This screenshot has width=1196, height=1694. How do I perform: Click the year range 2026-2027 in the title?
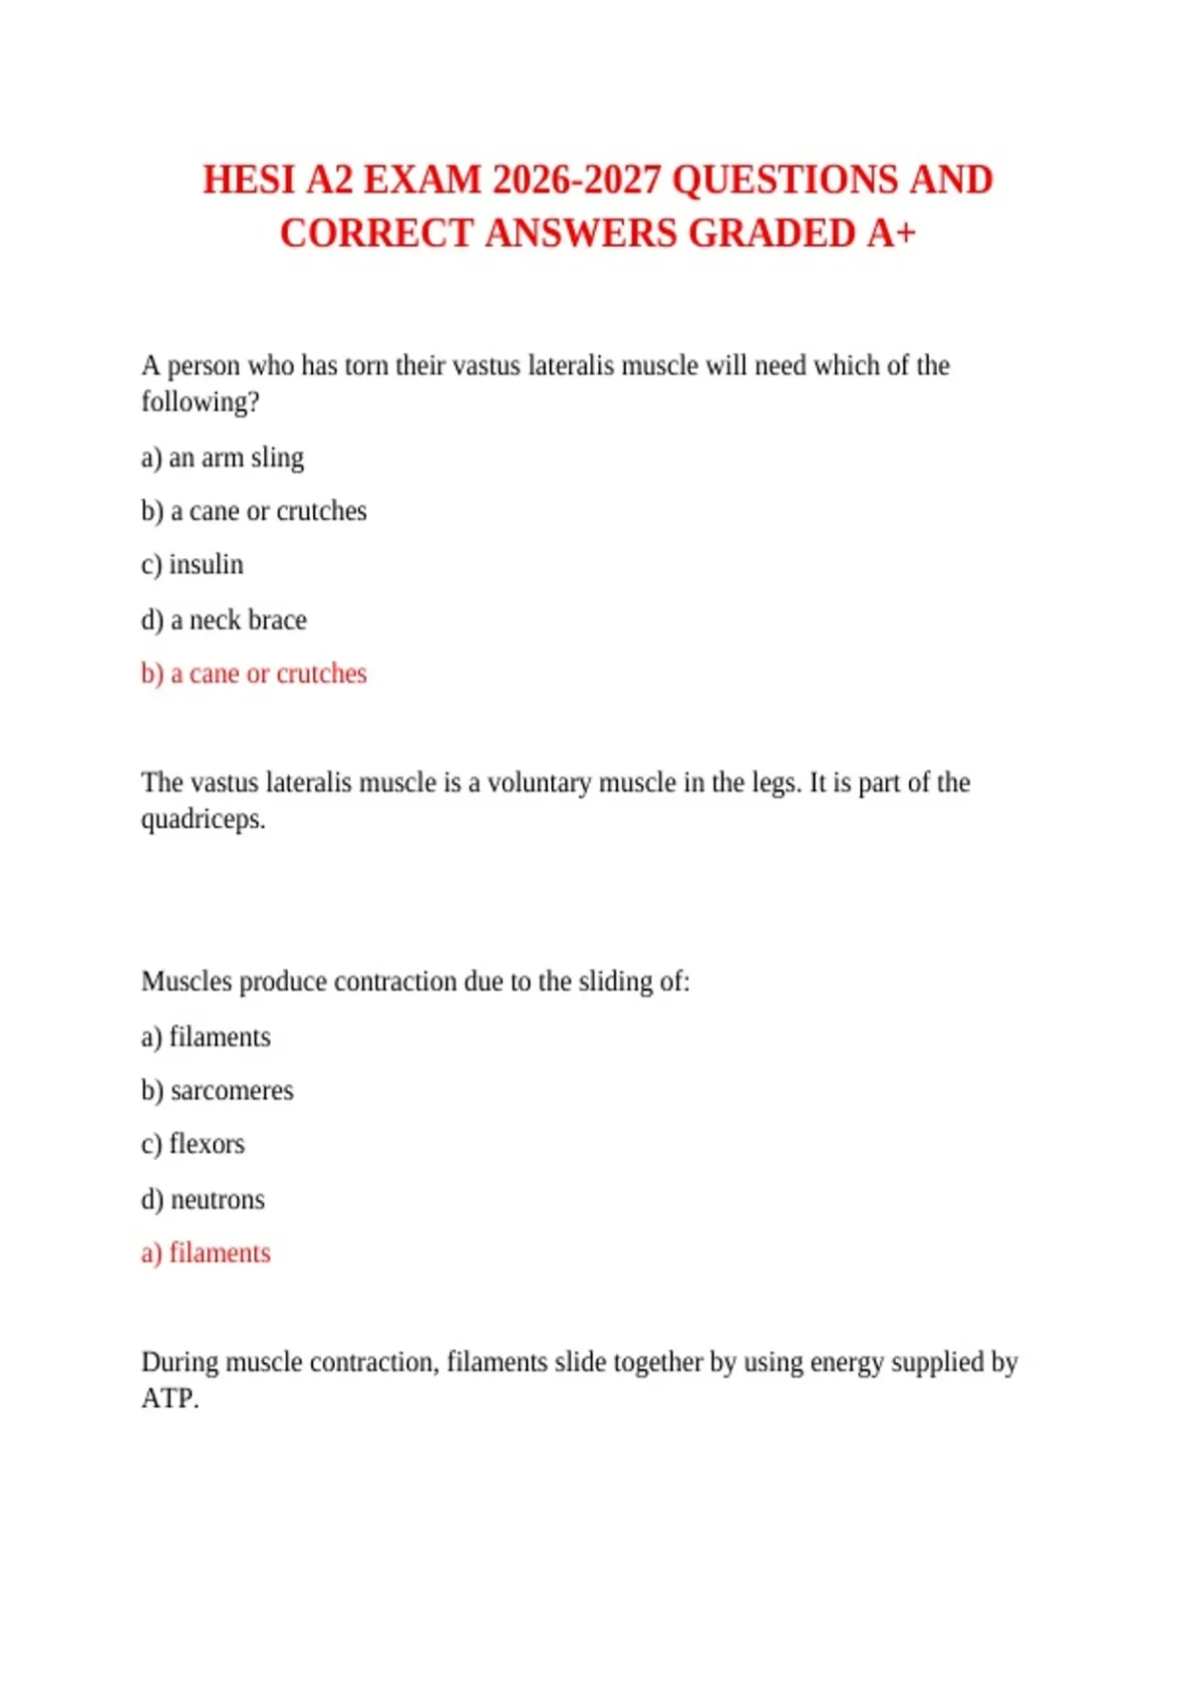(576, 180)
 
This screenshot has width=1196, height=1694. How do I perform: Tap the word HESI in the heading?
(249, 180)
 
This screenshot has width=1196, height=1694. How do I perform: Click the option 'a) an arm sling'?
(222, 458)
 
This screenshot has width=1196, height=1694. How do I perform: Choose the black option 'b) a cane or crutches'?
(253, 512)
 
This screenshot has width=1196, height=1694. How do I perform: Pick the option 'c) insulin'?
(192, 565)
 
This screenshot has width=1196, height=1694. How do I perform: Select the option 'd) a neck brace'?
(223, 620)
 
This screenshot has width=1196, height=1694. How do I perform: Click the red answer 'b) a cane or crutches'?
(253, 674)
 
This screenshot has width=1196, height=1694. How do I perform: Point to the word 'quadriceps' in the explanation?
(202, 820)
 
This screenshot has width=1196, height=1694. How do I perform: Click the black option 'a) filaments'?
(205, 1037)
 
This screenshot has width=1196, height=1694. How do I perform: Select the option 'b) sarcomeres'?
(217, 1091)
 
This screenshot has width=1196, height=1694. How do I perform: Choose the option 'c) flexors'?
(192, 1144)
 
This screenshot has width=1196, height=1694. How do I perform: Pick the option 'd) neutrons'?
(202, 1200)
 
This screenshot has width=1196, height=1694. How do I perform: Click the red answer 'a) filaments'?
(205, 1253)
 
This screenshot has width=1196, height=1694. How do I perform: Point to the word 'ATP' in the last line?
(168, 1399)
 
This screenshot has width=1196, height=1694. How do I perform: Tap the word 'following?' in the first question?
(199, 403)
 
